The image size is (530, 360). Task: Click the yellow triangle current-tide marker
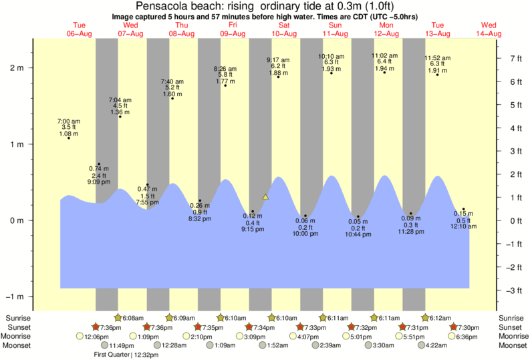(266, 197)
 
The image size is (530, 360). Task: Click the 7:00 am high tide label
(69, 126)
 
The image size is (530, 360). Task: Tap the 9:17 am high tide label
(279, 65)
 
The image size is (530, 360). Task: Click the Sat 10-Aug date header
(285, 29)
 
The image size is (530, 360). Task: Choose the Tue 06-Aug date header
(80, 29)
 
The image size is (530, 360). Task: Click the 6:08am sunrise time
(133, 318)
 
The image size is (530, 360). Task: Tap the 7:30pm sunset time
(471, 327)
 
